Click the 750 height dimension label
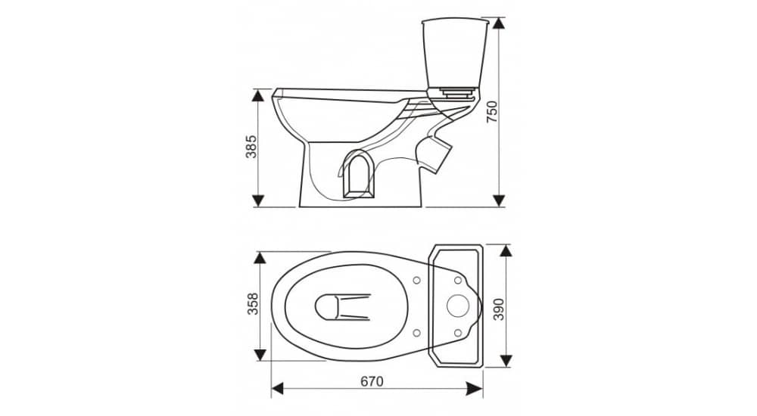(x=491, y=111)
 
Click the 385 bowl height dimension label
(x=251, y=147)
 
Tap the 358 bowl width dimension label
(x=253, y=304)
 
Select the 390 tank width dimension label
(x=499, y=309)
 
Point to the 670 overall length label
(x=372, y=381)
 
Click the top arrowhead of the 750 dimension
(x=499, y=23)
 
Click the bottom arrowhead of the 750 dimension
(x=499, y=200)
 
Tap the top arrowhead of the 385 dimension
(x=259, y=95)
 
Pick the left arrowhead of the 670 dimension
(x=278, y=389)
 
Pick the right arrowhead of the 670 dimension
(x=476, y=389)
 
